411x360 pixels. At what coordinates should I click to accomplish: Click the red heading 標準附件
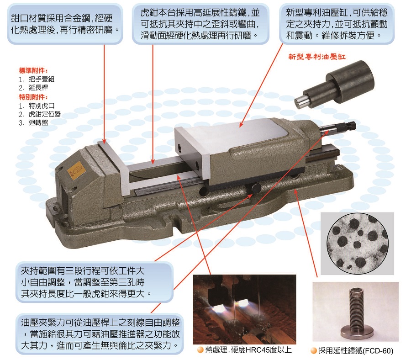coord(33,70)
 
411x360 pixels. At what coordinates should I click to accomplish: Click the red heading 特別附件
coord(33,97)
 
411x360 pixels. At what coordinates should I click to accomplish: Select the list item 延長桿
coord(38,88)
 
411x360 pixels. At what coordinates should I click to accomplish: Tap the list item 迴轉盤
coord(38,122)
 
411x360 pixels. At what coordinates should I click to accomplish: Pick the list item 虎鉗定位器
coord(45,114)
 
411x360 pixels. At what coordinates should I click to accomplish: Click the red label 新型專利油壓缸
coord(317,57)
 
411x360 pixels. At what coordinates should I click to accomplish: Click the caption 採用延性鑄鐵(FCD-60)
coord(356,350)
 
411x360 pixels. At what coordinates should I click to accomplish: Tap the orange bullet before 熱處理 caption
coord(200,350)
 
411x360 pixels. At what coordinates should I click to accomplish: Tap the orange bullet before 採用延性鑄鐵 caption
coord(313,350)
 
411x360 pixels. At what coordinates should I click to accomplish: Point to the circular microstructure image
coord(358,244)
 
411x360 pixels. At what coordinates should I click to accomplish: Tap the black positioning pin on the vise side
coord(253,188)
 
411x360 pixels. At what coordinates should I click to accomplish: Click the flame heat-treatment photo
coord(245,309)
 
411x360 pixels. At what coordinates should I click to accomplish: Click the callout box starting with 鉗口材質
coord(65,24)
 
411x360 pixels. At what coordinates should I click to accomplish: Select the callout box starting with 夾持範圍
coord(95,282)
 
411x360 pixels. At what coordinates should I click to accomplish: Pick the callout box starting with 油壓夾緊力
coord(100,334)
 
